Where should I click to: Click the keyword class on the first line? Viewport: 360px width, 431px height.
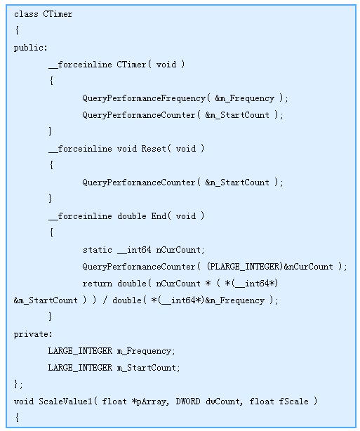(x=26, y=14)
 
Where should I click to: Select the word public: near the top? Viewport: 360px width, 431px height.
(x=31, y=48)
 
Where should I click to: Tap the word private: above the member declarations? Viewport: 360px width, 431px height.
(x=33, y=334)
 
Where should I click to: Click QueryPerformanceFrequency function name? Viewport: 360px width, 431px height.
(x=144, y=98)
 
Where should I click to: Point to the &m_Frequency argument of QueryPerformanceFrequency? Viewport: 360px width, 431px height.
(x=245, y=98)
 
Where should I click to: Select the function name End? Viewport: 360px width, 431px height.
(x=159, y=216)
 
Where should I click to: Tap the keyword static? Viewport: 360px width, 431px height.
(x=98, y=250)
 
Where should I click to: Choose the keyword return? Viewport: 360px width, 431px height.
(x=98, y=284)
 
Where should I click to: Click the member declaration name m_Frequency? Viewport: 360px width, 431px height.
(x=146, y=351)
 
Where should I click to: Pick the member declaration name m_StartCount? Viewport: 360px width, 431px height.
(x=148, y=368)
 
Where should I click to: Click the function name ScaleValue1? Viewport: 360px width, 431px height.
(x=65, y=402)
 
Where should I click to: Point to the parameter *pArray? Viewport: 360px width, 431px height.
(x=149, y=402)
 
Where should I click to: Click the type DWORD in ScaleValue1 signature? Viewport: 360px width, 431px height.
(x=188, y=402)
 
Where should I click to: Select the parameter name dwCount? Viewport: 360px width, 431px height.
(x=224, y=402)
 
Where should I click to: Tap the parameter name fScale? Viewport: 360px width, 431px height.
(x=293, y=402)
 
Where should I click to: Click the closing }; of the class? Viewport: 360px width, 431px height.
(x=18, y=384)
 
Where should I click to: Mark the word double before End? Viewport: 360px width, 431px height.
(x=132, y=216)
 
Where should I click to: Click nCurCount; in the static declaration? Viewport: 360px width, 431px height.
(x=180, y=250)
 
